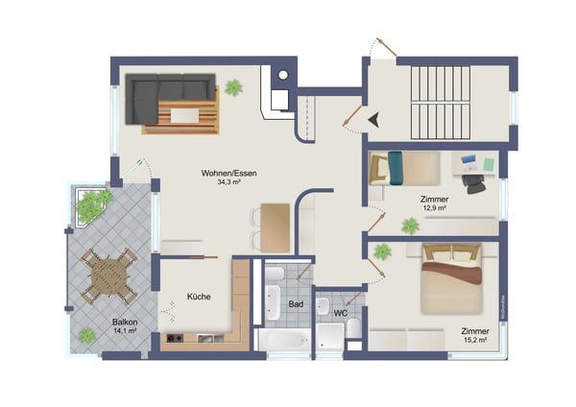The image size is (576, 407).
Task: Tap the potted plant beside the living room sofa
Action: (233, 87)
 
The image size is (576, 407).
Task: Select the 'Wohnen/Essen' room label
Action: (228, 174)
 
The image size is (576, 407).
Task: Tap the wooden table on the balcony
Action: (108, 276)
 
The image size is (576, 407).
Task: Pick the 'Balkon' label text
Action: (123, 323)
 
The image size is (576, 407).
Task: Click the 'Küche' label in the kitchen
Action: (199, 297)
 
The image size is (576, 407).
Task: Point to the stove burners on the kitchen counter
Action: (176, 339)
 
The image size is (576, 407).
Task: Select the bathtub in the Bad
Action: (283, 340)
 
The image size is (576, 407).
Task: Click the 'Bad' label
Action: (296, 305)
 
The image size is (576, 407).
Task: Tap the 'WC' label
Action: (340, 313)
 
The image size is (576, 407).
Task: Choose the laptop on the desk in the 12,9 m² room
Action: (469, 159)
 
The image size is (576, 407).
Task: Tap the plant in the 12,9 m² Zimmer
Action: (411, 226)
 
